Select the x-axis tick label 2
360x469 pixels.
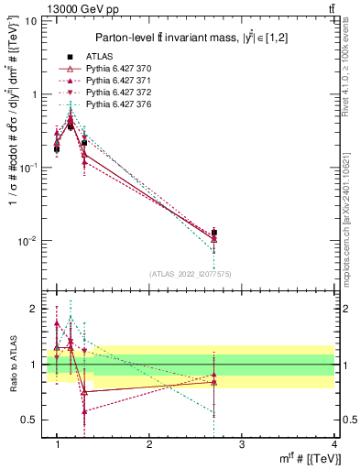click(x=149, y=444)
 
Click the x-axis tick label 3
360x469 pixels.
click(x=241, y=444)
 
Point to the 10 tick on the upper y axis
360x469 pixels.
click(x=34, y=20)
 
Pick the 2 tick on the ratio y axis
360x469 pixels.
click(x=38, y=309)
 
